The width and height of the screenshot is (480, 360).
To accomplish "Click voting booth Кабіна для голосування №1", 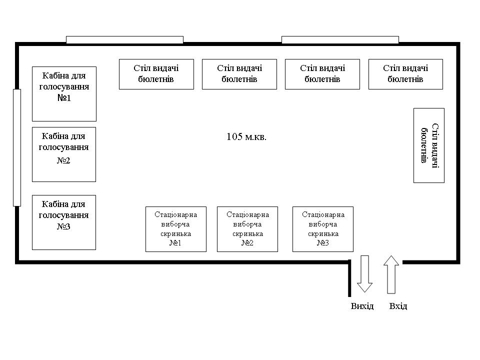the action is pos(64,94).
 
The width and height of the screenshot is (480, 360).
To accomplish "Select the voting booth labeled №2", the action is pos(64,154).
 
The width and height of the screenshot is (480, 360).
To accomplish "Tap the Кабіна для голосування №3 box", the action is pos(64,222).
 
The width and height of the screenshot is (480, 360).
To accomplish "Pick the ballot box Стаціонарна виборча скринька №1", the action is pos(176,229).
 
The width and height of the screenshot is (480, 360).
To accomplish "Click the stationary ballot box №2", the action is pos(247,229).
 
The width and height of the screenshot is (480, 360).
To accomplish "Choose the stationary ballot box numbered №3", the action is pos(323,229).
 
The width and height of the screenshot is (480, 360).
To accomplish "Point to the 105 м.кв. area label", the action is pos(246,137).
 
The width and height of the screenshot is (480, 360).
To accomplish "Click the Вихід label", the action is pos(362,306).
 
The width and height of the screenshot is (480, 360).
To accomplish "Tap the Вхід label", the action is pos(398,306).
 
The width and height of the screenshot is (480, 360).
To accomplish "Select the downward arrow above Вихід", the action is pos(365,274).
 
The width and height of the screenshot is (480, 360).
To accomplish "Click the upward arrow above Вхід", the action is pos(391,274).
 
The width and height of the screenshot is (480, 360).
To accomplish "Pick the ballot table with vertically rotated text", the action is pos(429,145).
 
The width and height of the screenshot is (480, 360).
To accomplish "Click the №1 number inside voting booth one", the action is pos(64,98).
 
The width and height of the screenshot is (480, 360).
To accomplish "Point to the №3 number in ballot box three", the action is pos(323,243).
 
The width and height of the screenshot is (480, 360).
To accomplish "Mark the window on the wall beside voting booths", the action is pos(17,147).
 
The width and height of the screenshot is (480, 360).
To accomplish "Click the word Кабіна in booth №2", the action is pos(52,136).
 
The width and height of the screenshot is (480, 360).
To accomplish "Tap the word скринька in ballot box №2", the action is pos(247,234).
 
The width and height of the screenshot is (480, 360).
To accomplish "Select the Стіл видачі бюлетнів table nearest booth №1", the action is pos(156,74).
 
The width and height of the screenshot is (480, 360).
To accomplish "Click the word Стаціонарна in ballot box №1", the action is pos(175,214).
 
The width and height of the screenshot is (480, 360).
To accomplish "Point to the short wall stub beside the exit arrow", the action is pos(349,278).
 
